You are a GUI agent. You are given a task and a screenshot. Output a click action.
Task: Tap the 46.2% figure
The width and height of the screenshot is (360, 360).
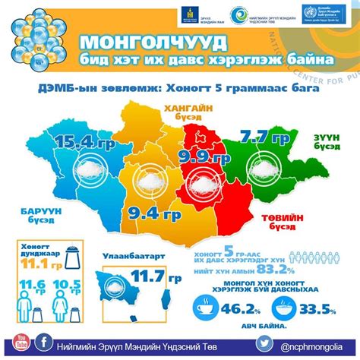(x=247, y=308)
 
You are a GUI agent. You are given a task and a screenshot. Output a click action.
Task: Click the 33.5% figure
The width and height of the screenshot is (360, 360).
(x=317, y=308)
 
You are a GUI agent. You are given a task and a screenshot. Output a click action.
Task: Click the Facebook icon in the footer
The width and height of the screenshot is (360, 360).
(x=46, y=343)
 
